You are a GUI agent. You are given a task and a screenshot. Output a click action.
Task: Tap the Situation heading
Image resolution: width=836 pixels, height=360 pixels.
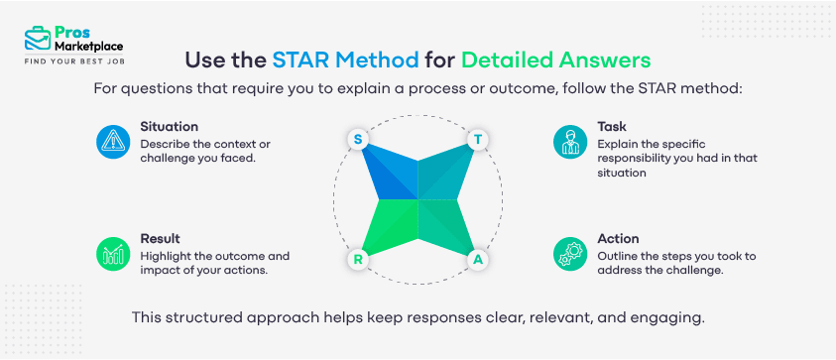[170, 127]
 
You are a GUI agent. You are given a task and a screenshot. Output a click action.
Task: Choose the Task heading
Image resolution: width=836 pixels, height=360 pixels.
[612, 127]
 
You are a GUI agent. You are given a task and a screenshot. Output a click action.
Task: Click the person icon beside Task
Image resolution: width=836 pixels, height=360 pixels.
[568, 142]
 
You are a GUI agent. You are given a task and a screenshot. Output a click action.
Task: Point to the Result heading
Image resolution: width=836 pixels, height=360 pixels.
[160, 239]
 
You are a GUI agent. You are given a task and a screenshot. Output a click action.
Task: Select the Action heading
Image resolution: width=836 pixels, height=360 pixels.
[618, 239]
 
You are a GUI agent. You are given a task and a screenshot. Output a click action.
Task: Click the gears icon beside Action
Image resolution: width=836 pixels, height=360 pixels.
[568, 255]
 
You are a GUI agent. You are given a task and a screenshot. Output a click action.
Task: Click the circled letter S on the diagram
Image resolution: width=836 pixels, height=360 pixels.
[357, 139]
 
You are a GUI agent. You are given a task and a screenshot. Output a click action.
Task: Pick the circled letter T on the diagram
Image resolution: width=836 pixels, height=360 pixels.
[478, 139]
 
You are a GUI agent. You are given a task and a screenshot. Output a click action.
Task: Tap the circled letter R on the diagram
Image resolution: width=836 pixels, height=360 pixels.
[357, 260]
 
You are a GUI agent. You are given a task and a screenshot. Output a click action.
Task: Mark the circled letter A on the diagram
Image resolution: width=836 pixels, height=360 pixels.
[478, 260]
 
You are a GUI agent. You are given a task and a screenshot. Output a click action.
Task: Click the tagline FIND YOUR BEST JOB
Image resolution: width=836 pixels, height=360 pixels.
[75, 61]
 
